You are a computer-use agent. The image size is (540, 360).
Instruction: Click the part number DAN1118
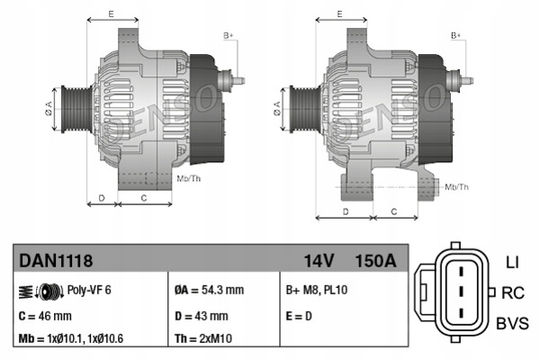(x=56, y=260)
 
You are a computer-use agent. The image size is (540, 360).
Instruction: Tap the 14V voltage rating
(x=319, y=261)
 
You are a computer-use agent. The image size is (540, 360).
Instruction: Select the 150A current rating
(x=375, y=261)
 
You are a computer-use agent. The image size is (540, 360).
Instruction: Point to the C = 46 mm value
(x=45, y=316)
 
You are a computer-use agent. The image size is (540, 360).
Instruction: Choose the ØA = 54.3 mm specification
(x=209, y=290)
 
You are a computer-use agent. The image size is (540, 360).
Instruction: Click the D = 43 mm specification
(x=201, y=316)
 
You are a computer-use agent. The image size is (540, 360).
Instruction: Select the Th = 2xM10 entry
(x=203, y=338)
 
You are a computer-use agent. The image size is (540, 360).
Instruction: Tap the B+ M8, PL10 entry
(x=317, y=290)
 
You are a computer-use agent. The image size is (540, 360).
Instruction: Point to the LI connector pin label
(x=512, y=263)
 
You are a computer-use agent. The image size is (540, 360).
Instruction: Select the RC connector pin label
(x=513, y=292)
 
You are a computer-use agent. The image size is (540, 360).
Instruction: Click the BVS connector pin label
(x=512, y=323)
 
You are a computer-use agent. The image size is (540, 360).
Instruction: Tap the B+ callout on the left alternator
(x=229, y=35)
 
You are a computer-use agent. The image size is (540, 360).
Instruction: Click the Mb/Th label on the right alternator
(x=456, y=187)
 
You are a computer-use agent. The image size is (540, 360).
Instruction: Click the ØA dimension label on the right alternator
(x=277, y=108)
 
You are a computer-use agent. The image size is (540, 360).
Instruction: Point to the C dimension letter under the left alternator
(x=144, y=198)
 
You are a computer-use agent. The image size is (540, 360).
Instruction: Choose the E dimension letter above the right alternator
(x=340, y=14)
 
